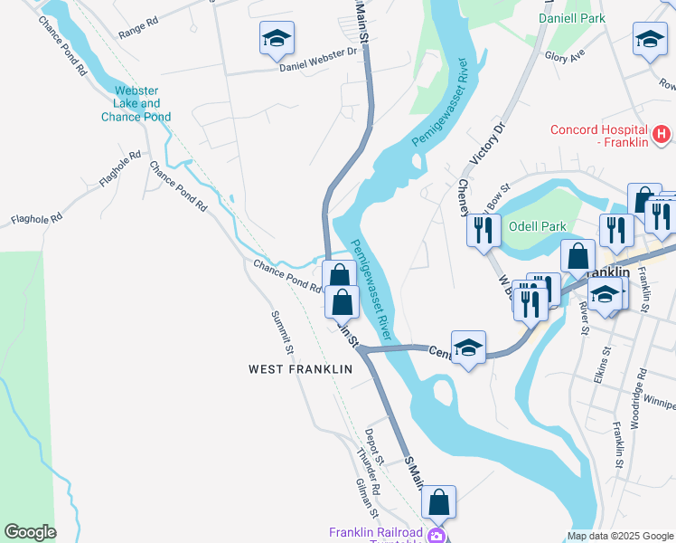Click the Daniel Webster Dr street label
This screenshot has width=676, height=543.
pyautogui.click(x=318, y=66)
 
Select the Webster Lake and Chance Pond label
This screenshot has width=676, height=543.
pyautogui.click(x=136, y=103)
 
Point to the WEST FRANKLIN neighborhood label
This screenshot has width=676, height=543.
pyautogui.click(x=300, y=369)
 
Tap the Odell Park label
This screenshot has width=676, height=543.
pyautogui.click(x=537, y=226)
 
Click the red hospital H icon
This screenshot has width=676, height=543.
pyautogui.click(x=662, y=135)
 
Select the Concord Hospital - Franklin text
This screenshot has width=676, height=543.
pyautogui.click(x=600, y=135)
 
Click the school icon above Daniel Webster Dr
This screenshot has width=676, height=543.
pyautogui.click(x=277, y=38)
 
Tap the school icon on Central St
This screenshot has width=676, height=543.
pyautogui.click(x=468, y=348)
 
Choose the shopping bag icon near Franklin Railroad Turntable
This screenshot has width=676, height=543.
pyautogui.click(x=438, y=502)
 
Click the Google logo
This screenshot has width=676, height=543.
pyautogui.click(x=29, y=532)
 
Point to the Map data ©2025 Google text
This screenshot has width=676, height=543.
pyautogui.click(x=619, y=536)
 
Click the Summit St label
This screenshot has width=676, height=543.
pyautogui.click(x=283, y=333)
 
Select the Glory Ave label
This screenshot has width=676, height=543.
pyautogui.click(x=565, y=54)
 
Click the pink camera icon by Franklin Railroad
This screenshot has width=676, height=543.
pyautogui.click(x=437, y=536)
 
